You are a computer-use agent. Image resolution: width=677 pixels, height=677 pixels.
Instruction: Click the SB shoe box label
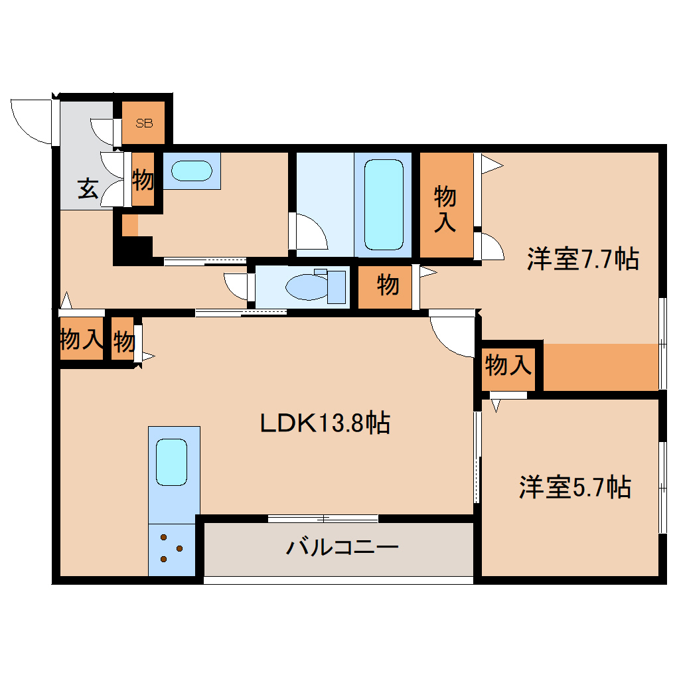[x=143, y=123]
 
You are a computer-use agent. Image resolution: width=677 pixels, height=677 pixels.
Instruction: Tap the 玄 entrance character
[x=88, y=188]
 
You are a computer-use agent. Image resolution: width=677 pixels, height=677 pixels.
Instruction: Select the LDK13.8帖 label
[x=324, y=422]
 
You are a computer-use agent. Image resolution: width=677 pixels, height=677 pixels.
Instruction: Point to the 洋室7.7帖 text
[x=583, y=259]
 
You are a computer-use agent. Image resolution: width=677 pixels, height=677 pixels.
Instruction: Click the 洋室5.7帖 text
[x=575, y=488]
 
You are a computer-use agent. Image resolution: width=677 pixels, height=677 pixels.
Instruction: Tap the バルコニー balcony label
[x=342, y=548]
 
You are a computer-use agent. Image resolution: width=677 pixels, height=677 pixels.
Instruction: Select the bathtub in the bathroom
[x=384, y=204]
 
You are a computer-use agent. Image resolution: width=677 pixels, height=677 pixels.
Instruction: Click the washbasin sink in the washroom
[x=190, y=171]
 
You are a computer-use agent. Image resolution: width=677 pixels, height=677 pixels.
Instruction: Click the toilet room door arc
[x=236, y=286]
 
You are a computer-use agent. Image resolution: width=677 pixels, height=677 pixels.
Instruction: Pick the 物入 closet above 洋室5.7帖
[x=508, y=364]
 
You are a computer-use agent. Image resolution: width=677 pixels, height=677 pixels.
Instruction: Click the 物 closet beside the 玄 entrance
[x=143, y=179]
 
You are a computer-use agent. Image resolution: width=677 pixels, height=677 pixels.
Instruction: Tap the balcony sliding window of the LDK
[x=323, y=518]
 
